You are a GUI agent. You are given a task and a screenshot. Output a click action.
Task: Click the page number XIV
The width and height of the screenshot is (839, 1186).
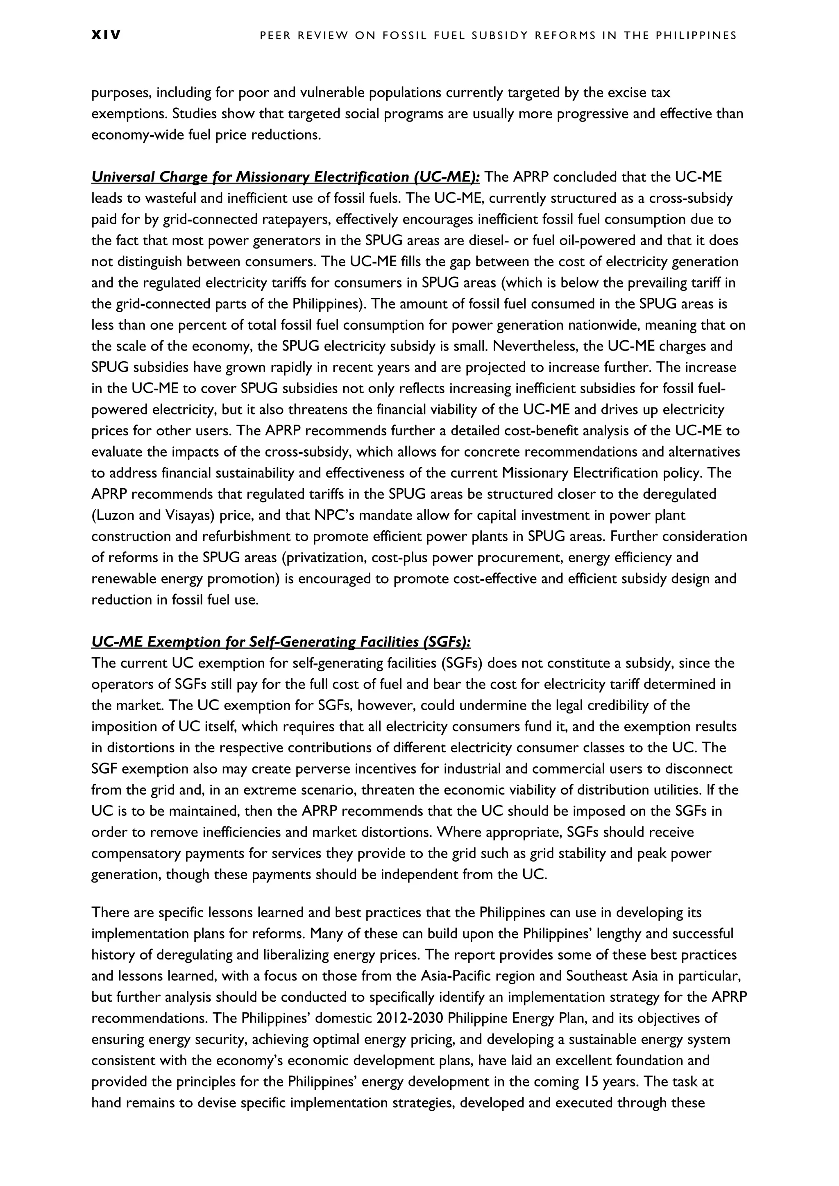pos(106,36)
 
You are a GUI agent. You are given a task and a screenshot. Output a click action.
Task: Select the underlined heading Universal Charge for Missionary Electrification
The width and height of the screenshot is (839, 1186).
pos(285,177)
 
